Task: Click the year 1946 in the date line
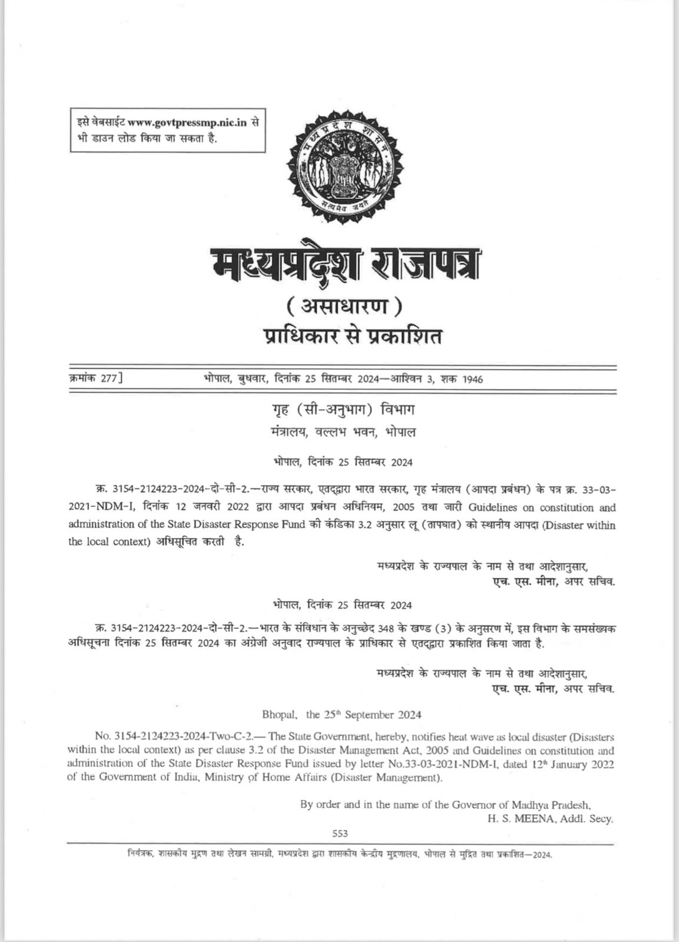tap(472, 379)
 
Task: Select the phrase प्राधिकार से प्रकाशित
tap(344, 337)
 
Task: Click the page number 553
tap(340, 833)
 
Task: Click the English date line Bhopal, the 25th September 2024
tap(342, 715)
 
